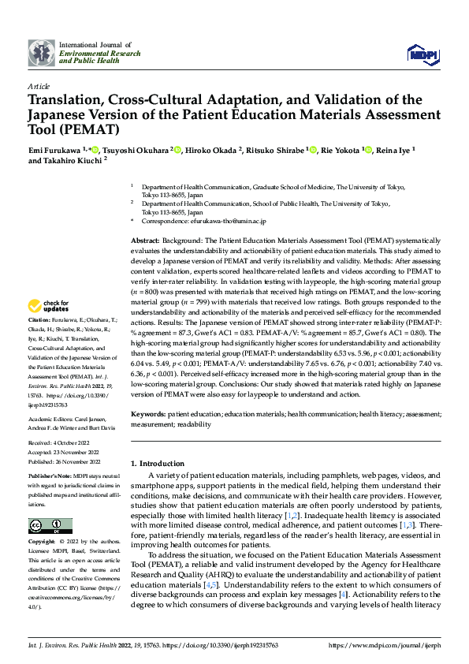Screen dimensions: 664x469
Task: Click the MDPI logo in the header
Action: coord(423,54)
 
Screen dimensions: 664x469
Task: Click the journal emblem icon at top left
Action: coord(41,52)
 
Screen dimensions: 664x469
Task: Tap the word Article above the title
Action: coord(39,85)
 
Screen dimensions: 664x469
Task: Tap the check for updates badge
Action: coord(50,306)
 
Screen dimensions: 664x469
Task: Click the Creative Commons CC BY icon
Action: coord(50,526)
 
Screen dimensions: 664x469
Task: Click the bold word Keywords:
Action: coord(150,413)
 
